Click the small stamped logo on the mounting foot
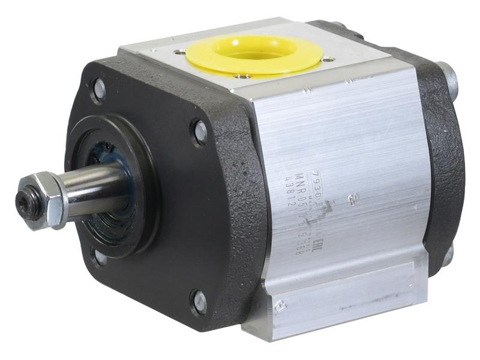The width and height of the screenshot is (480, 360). [278, 307]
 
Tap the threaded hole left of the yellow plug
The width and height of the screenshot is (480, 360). [181, 52]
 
